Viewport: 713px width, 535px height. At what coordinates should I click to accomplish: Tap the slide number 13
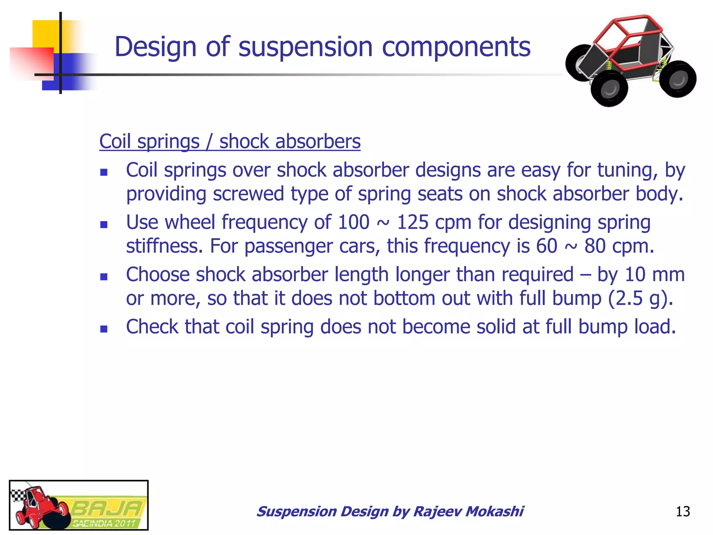(682, 512)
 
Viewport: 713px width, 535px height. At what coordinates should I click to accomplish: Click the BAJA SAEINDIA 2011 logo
(79, 505)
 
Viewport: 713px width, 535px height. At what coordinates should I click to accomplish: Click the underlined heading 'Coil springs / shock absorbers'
(230, 142)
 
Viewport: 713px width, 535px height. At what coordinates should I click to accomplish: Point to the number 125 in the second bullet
(413, 222)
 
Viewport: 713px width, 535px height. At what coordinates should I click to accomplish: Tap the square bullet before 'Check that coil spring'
(103, 328)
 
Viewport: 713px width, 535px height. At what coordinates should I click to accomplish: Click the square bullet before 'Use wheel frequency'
(103, 224)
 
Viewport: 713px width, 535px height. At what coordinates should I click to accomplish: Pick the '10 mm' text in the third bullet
(655, 274)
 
